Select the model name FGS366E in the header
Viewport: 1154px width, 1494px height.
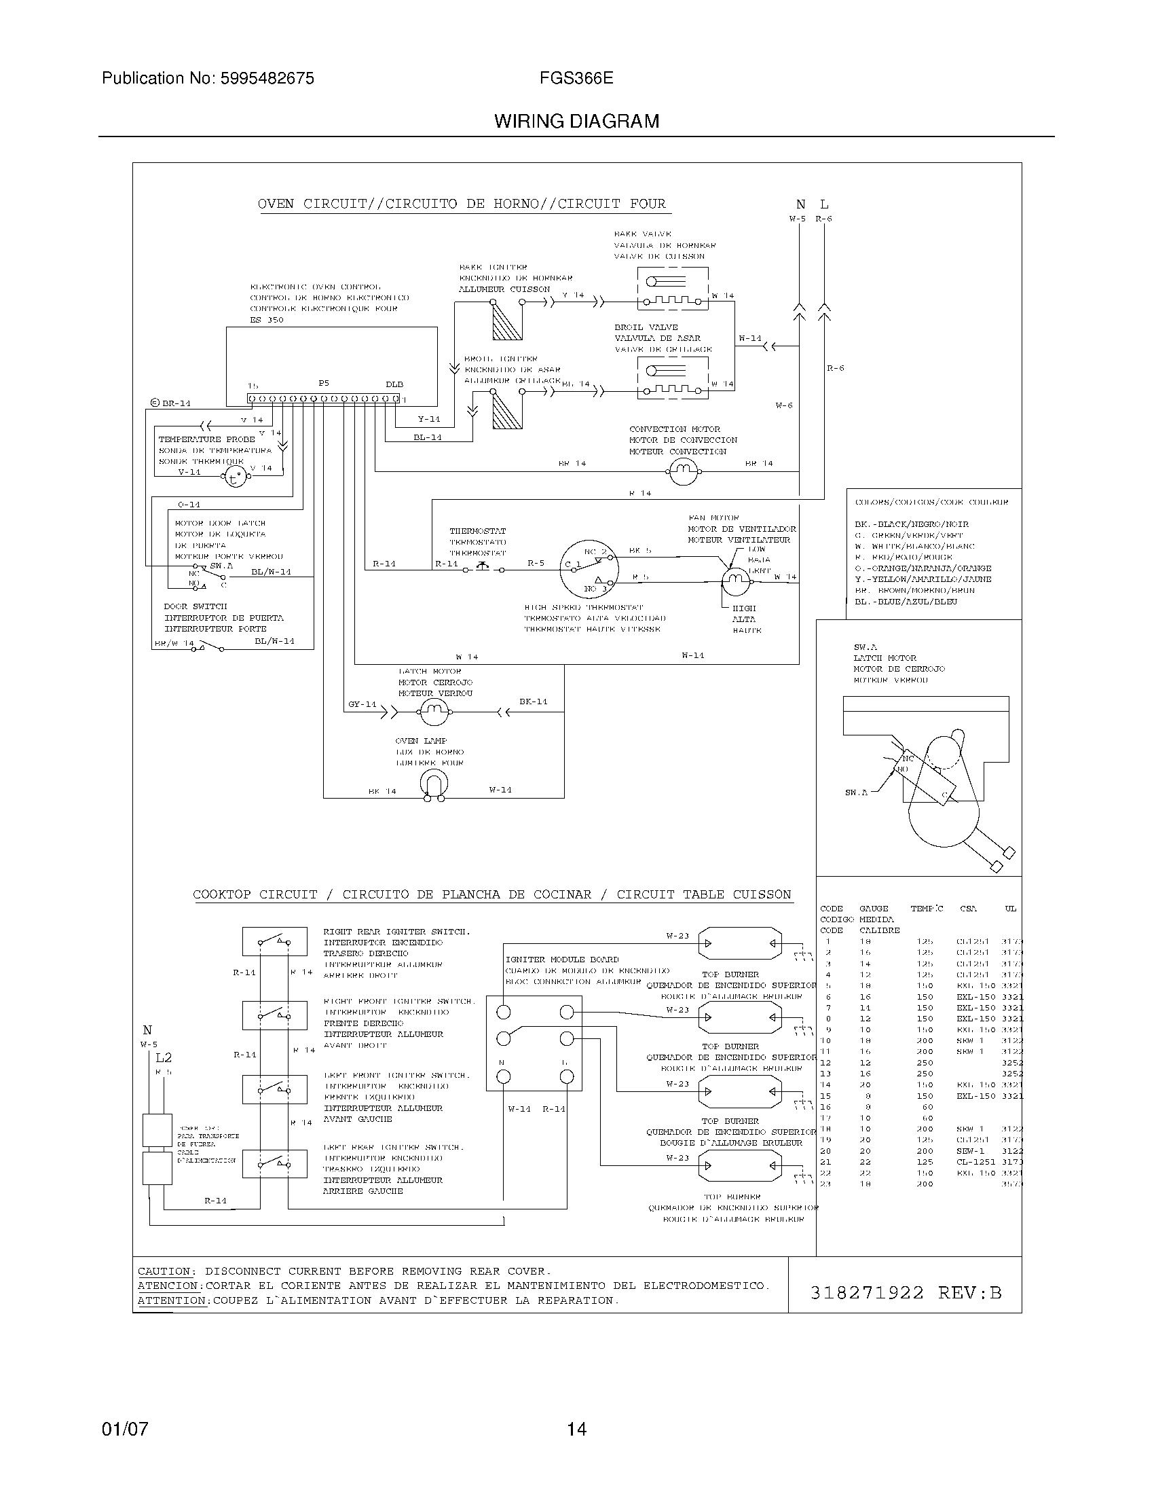tap(576, 79)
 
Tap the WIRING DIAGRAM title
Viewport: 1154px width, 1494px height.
tap(576, 122)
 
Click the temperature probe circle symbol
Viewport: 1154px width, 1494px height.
tap(235, 477)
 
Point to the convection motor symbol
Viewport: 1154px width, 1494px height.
tap(683, 470)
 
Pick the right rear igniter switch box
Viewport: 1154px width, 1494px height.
tap(274, 942)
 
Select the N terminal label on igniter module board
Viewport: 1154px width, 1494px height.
tap(502, 1062)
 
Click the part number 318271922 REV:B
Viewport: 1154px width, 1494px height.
tap(905, 1293)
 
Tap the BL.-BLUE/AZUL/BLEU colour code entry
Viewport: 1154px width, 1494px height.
tap(905, 601)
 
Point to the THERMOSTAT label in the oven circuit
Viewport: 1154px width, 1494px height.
tap(477, 531)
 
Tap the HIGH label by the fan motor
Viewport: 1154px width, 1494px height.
tap(744, 608)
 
